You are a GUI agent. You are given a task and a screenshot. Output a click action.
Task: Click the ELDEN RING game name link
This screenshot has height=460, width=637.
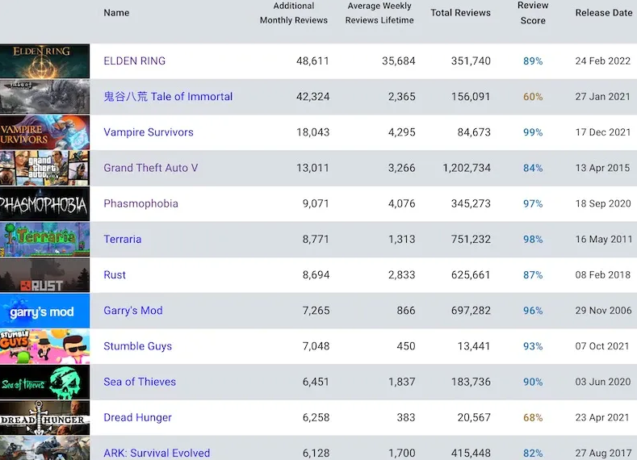click(x=135, y=61)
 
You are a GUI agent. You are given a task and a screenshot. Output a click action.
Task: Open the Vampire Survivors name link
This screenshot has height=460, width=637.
click(x=149, y=132)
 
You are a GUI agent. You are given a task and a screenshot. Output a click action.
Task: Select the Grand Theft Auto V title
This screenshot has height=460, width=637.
click(x=151, y=168)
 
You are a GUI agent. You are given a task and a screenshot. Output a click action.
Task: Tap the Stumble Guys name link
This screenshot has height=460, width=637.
click(x=138, y=346)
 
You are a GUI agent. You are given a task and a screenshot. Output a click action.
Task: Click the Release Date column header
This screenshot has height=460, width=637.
click(x=604, y=13)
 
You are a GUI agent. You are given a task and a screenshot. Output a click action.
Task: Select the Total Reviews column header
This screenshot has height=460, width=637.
click(x=460, y=13)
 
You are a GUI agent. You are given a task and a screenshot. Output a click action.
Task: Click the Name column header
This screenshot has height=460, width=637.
click(x=116, y=13)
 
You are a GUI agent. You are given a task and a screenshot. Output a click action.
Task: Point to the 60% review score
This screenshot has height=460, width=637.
click(x=533, y=97)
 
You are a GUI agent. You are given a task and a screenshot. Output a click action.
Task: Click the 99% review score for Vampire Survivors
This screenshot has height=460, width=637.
click(x=533, y=132)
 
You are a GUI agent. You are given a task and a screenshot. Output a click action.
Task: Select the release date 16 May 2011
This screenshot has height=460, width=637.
click(x=603, y=239)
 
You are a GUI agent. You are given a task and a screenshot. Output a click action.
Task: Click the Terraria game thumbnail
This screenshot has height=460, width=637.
click(x=44, y=239)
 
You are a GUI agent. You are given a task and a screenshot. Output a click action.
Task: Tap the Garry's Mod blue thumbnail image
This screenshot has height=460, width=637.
click(x=44, y=311)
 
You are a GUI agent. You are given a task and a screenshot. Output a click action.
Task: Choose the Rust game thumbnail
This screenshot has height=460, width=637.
click(x=44, y=275)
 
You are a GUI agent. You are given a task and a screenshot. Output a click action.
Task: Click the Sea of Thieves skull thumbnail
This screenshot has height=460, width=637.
click(x=44, y=382)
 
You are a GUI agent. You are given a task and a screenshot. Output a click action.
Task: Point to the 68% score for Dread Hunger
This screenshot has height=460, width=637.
click(x=533, y=418)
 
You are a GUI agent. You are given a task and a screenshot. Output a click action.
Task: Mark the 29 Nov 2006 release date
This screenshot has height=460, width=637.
click(x=603, y=311)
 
